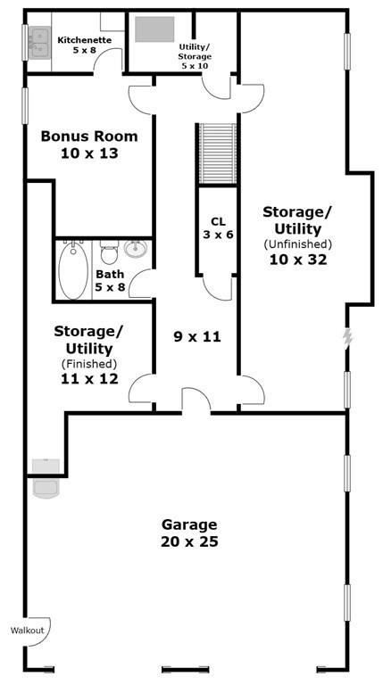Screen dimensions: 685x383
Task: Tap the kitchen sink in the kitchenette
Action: (39, 42)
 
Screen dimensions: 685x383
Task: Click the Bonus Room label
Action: (89, 136)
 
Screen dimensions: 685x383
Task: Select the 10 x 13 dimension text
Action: (89, 153)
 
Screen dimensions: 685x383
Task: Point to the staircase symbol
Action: (217, 153)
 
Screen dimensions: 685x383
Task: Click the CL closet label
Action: (217, 221)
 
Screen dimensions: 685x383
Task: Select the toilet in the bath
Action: (110, 253)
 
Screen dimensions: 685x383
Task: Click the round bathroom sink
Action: (136, 249)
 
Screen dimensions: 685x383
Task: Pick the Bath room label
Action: (110, 275)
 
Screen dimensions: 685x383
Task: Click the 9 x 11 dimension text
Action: (196, 337)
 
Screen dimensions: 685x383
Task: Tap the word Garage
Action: (189, 524)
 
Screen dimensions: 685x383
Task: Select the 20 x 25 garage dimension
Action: (189, 541)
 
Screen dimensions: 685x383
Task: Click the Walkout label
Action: (27, 631)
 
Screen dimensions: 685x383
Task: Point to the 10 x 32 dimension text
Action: (297, 260)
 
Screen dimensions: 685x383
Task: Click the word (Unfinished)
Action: (297, 243)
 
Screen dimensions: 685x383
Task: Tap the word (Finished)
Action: (88, 363)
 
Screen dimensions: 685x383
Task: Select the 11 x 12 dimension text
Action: (88, 379)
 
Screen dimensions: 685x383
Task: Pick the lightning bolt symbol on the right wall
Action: (347, 337)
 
